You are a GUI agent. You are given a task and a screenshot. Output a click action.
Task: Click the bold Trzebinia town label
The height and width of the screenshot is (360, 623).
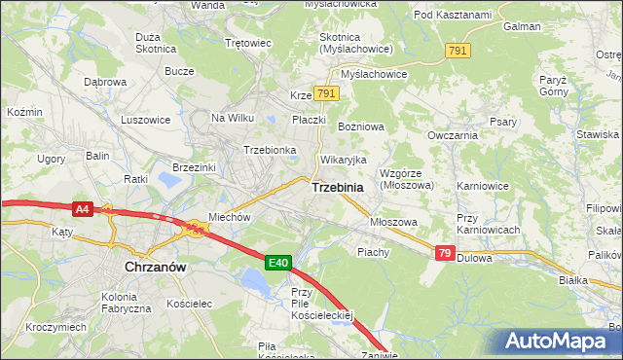pos(338,187)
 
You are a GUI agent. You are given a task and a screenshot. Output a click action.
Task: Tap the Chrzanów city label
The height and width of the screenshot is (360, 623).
pos(156,265)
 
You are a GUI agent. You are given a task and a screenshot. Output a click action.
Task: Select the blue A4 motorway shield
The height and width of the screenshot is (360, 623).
pos(83,207)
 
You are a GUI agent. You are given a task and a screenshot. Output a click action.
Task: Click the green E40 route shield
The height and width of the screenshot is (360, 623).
pos(279,262)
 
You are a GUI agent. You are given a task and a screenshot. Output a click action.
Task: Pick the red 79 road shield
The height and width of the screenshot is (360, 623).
pos(444,253)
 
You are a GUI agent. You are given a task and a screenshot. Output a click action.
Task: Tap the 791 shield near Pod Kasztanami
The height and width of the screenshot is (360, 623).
pos(458,49)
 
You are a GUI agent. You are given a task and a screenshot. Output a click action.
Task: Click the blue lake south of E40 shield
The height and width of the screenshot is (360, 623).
pos(255,282)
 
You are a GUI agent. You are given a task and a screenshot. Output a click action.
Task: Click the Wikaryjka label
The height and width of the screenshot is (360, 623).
pos(343,159)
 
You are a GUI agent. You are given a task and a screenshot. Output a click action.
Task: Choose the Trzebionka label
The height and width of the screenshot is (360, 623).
pos(270,150)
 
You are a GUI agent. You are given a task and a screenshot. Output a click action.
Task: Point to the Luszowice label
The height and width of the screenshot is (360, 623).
pos(145,120)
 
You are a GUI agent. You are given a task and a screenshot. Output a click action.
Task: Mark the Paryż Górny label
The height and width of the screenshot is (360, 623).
pos(559,87)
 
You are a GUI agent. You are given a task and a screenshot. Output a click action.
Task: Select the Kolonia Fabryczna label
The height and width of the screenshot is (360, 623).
pos(118,302)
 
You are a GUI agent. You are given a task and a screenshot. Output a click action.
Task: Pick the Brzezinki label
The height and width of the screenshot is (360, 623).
pos(193,167)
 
